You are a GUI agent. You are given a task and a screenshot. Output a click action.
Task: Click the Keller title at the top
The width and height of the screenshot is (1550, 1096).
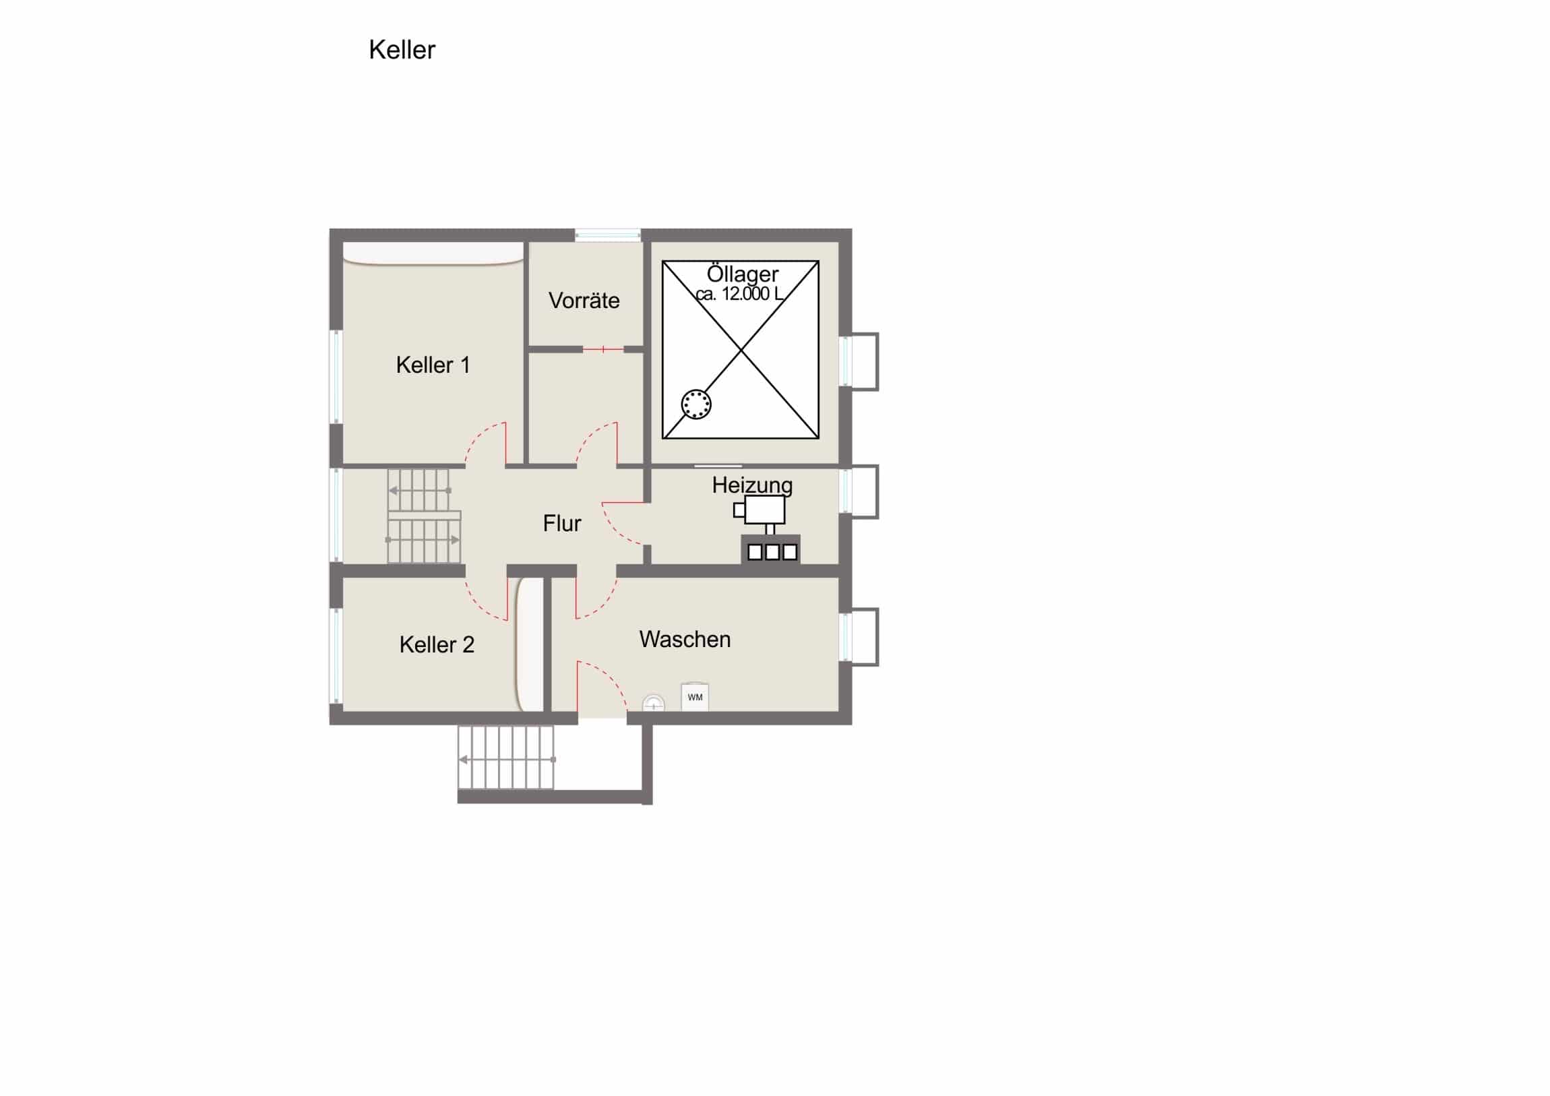[x=402, y=50]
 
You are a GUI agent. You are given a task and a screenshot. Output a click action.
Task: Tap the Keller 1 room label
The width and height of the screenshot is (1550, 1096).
[x=433, y=365]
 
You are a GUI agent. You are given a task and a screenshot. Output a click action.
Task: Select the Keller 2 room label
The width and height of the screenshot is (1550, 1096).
[x=437, y=645]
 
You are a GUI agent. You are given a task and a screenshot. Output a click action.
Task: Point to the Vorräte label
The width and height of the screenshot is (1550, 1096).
[x=584, y=301]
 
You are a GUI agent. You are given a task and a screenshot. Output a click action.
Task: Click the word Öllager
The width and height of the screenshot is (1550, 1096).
[x=743, y=274]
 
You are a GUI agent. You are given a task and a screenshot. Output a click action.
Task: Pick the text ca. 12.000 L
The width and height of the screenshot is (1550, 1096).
[x=740, y=294]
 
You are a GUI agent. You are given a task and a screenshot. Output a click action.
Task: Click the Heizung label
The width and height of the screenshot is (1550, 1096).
[x=752, y=485]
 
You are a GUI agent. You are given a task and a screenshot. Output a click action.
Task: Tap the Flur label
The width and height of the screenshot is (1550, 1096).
[x=562, y=523]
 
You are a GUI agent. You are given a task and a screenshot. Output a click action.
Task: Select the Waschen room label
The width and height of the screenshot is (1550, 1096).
[x=685, y=640]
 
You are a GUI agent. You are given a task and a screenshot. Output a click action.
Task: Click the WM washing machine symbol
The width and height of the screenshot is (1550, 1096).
[x=695, y=696]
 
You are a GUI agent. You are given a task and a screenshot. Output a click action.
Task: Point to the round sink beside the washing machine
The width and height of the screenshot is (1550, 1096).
[x=653, y=704]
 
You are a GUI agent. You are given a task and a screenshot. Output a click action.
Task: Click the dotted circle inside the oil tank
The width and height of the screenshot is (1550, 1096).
[x=696, y=404]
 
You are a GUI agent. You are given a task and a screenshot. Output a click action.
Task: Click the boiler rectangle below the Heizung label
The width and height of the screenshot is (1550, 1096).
[x=765, y=510]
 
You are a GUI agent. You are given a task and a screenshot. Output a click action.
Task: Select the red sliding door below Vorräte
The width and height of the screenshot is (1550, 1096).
[x=603, y=349]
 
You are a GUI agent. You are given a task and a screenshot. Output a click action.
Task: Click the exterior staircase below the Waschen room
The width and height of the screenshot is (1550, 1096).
[x=506, y=758]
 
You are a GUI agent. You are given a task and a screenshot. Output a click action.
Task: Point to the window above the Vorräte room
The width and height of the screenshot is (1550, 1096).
[x=608, y=235]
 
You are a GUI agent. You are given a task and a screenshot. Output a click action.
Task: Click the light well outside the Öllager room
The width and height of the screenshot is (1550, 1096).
[x=859, y=361]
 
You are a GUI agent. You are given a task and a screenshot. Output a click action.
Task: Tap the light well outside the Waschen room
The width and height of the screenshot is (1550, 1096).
[x=859, y=637]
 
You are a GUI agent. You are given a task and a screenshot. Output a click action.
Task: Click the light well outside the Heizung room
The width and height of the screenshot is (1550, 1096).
[x=859, y=491]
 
